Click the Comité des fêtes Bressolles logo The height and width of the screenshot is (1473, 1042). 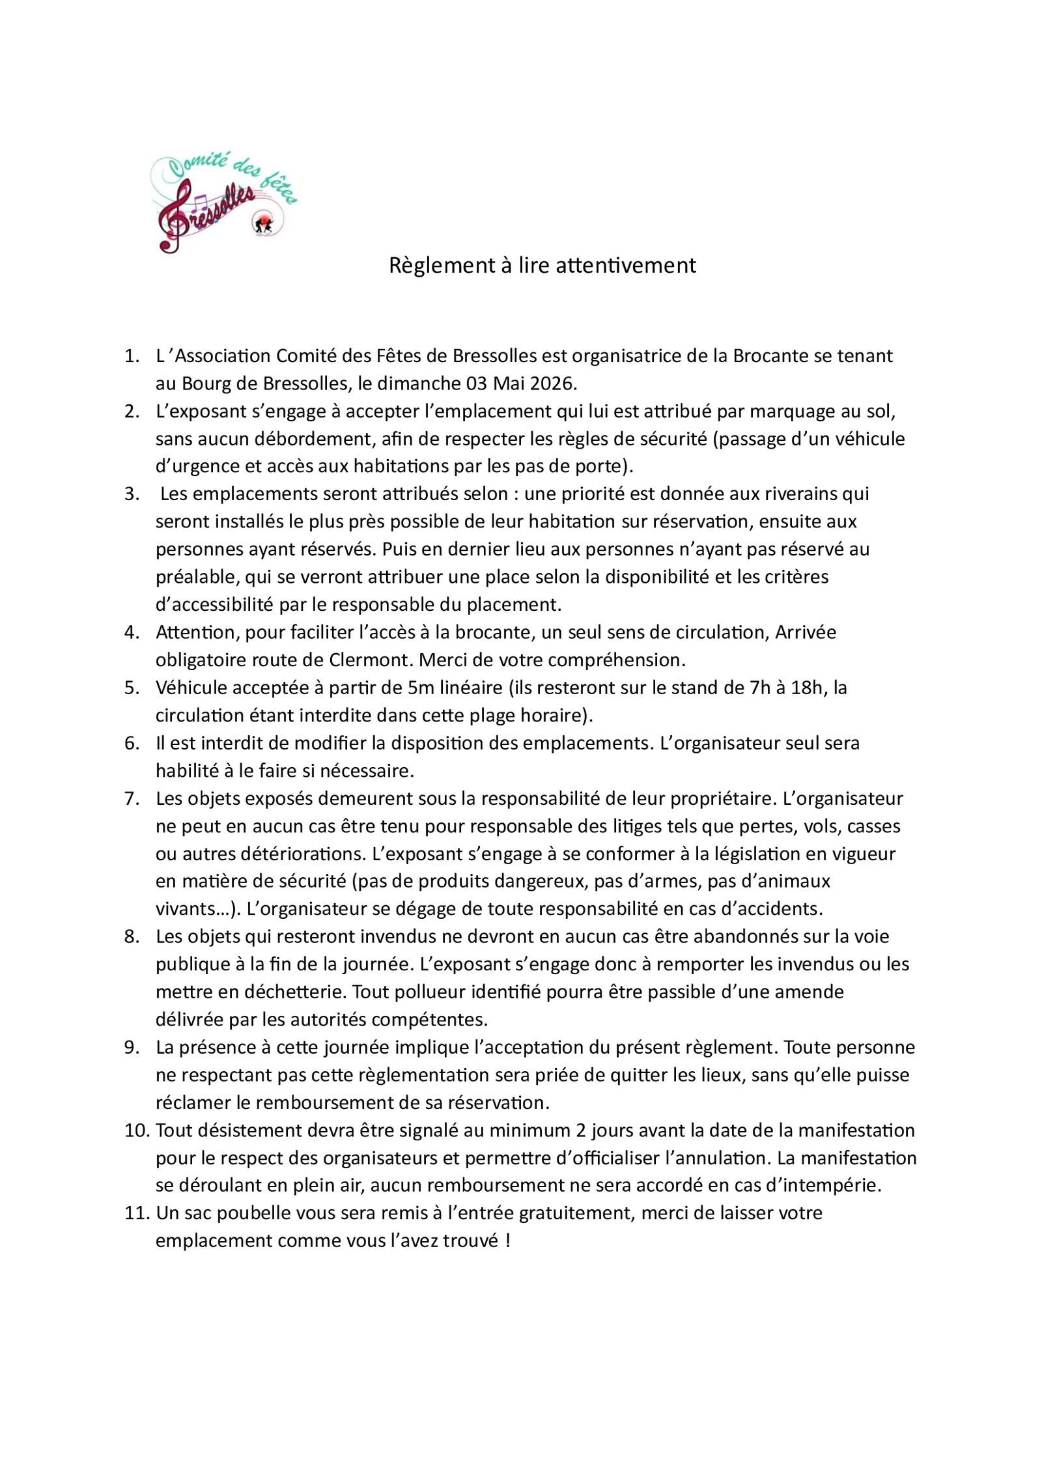(x=223, y=202)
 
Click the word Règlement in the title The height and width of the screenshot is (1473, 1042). (x=442, y=265)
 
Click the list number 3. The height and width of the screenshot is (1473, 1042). (x=132, y=494)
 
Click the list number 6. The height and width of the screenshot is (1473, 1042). (x=132, y=743)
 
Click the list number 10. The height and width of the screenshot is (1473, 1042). (x=137, y=1130)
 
